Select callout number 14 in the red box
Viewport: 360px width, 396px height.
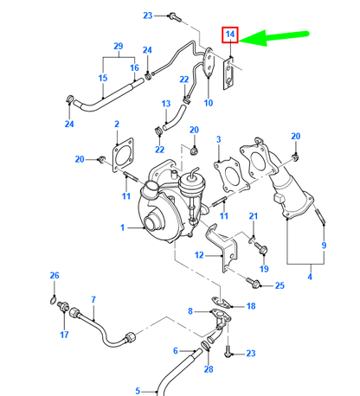pos(230,35)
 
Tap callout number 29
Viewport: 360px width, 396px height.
pos(118,46)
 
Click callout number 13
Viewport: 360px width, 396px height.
pos(165,104)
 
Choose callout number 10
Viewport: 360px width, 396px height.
pos(208,103)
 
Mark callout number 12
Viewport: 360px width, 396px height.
pos(198,255)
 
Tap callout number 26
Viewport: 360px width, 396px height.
pos(54,276)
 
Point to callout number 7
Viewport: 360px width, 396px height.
pos(93,300)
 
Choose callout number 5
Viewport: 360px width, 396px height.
pos(138,390)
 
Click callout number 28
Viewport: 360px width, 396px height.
pos(209,369)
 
